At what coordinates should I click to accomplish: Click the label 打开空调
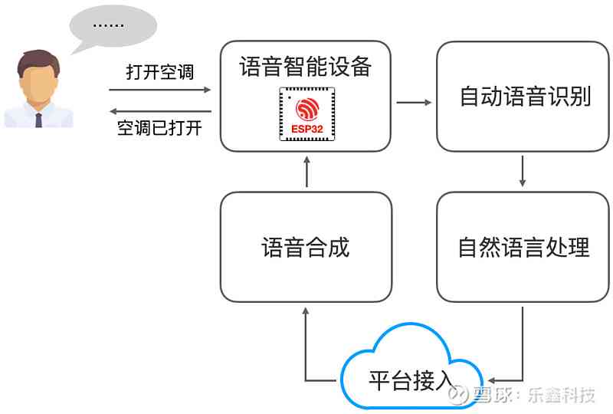tap(160, 72)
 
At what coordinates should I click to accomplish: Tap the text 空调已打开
tap(159, 128)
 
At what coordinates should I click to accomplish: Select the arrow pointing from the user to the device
tap(159, 90)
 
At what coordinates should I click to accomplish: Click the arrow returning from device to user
tap(160, 111)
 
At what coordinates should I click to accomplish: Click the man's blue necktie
tap(39, 120)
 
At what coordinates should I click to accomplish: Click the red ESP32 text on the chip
tap(307, 129)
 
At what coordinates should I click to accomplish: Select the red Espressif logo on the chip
tap(307, 109)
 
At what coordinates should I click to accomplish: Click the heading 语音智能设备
tap(305, 66)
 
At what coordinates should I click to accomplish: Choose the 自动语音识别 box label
tap(525, 96)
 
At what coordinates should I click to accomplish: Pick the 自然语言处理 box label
tap(524, 247)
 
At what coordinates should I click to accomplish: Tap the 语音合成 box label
tap(305, 248)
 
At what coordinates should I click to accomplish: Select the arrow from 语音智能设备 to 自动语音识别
tap(414, 103)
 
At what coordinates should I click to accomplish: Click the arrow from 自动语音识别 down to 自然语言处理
tap(523, 171)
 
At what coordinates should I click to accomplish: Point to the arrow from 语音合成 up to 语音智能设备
tap(307, 172)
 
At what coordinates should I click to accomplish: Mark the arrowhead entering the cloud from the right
tap(491, 380)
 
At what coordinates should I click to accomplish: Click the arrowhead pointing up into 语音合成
tap(306, 311)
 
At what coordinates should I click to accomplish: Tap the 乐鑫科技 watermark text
tap(562, 395)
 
